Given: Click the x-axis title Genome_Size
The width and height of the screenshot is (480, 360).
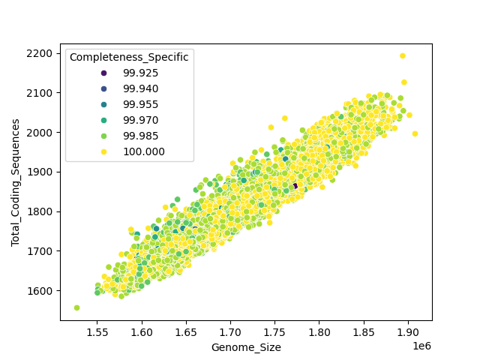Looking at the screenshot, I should (x=245, y=347).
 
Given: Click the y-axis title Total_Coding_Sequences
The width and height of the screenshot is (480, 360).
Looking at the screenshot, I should (x=15, y=182).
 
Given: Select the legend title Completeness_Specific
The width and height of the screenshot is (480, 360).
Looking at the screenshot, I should (x=129, y=57).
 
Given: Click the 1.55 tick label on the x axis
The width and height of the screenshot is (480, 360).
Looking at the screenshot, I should (x=97, y=330).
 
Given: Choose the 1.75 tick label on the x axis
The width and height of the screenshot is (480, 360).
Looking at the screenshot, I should (x=274, y=330).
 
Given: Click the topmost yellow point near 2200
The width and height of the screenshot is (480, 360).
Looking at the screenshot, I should (x=403, y=55).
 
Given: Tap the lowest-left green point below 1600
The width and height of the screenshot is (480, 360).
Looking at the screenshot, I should (x=76, y=307).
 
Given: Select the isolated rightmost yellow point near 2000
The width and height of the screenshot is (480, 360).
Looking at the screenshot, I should (x=415, y=134).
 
